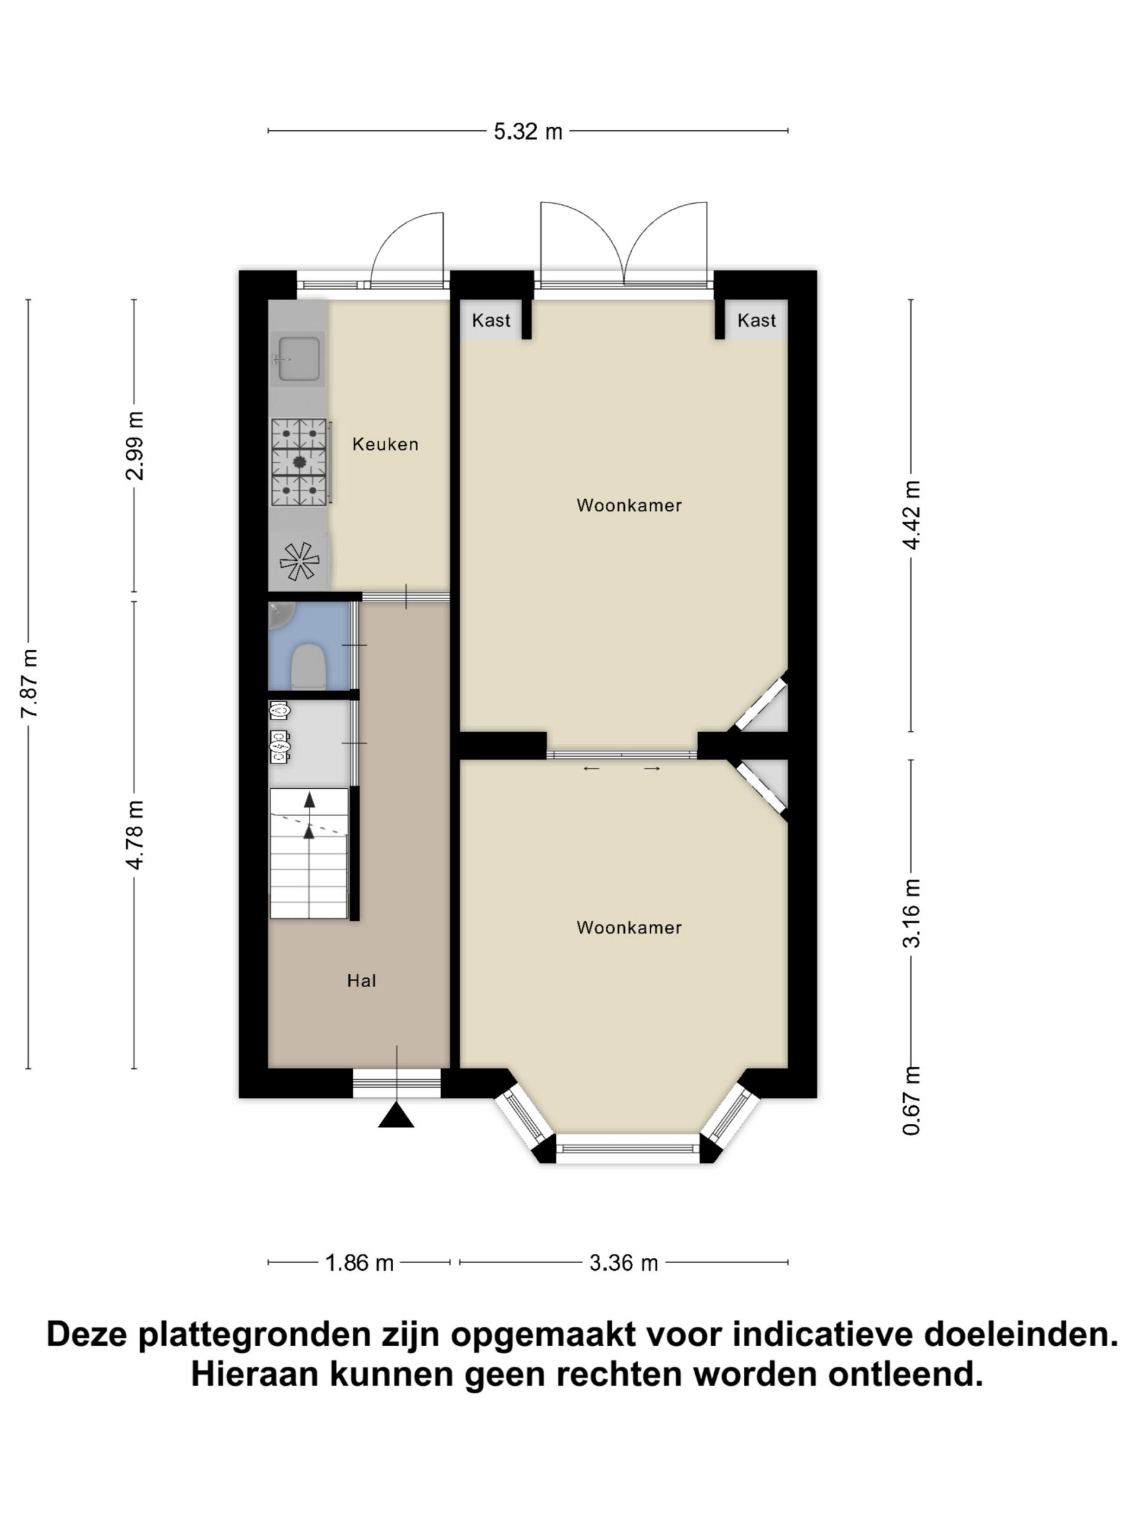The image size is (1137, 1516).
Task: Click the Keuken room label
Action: [384, 444]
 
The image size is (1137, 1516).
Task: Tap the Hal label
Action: [361, 981]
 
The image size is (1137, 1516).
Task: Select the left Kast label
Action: [491, 320]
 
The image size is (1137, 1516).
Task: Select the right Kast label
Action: [756, 320]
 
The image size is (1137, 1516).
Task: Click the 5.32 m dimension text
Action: [528, 131]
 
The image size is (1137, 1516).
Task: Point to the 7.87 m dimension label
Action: [30, 683]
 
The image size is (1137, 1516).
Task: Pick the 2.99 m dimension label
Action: [135, 445]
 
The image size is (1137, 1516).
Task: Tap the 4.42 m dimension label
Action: [911, 515]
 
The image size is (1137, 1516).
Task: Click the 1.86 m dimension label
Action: [359, 1263]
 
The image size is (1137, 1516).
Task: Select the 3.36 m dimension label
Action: [624, 1263]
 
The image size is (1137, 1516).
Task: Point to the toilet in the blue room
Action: [308, 665]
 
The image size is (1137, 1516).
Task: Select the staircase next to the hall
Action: [309, 853]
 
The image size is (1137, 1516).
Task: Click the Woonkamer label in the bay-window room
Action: [629, 928]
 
